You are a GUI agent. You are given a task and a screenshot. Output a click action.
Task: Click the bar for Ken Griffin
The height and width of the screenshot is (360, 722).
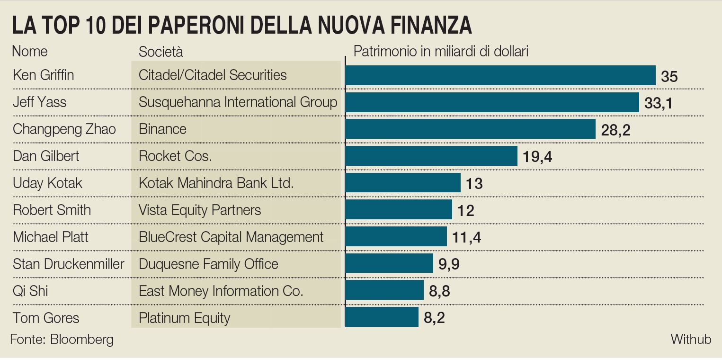coord(500,75)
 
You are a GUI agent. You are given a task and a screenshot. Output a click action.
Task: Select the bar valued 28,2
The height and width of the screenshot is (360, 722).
coord(470,129)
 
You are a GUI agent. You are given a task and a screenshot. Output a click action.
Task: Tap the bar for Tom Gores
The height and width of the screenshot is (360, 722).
coord(382,317)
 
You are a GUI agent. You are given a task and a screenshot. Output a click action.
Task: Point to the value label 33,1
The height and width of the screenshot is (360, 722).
coord(658,103)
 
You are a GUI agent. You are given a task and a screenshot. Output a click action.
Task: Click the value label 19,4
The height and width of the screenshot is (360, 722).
coord(537,156)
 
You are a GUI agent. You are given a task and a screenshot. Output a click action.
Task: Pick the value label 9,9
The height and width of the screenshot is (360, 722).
coord(449,264)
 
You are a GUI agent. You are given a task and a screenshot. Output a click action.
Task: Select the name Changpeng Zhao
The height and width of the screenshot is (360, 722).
coord(64,129)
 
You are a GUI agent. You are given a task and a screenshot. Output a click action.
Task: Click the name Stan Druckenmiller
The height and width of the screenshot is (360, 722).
coord(68,264)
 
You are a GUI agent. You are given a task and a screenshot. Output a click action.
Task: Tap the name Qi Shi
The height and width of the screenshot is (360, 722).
coord(30,290)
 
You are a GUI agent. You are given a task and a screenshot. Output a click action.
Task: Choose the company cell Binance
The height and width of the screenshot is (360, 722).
coord(162,129)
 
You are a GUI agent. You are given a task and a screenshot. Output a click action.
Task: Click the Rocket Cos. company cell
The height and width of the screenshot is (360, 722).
coord(175,156)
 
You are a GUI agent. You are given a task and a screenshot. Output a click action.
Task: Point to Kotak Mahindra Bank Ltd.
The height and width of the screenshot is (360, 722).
coord(216,183)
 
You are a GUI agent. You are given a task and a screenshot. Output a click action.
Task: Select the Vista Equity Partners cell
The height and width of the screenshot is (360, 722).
coord(200,210)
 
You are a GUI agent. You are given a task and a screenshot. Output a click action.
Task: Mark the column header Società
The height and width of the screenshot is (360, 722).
coord(160,52)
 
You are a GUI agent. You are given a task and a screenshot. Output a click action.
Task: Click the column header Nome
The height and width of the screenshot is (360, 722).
coord(30,51)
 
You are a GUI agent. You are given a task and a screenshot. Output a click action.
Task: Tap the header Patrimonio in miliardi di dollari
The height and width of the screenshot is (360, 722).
coord(441,51)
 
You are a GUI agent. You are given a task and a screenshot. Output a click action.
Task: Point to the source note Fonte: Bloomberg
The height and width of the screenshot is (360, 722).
coord(62,340)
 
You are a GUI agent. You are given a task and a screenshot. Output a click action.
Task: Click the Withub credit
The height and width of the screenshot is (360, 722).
coord(691,339)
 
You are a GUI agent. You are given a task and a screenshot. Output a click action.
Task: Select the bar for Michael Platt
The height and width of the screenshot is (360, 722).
coord(396,236)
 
